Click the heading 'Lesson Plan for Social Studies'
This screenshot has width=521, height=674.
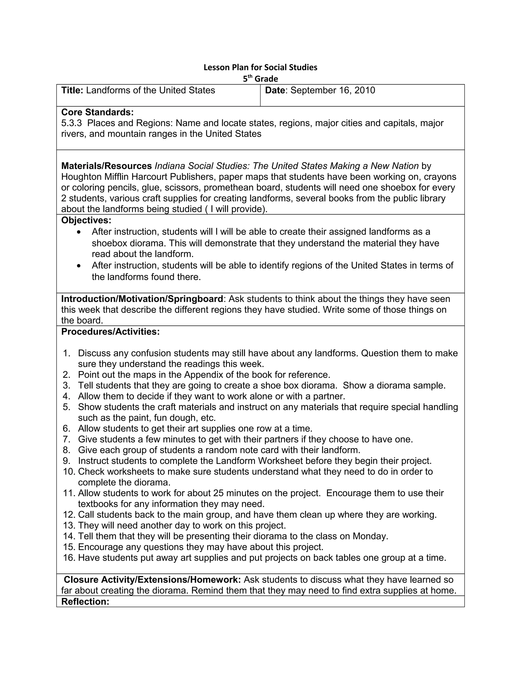[x=260, y=67]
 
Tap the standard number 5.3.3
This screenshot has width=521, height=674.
[x=71, y=123]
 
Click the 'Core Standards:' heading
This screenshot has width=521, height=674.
[x=97, y=112]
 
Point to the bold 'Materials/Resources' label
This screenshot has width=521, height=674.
[x=107, y=166]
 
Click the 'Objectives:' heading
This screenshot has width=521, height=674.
[x=86, y=220]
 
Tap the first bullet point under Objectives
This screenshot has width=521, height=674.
[x=80, y=232]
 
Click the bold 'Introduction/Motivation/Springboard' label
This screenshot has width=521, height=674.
[x=142, y=299]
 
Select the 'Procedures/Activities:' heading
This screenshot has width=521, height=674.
[x=110, y=332]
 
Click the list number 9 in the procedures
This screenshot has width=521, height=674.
[x=67, y=461]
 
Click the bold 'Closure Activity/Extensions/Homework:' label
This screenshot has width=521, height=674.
[x=152, y=580]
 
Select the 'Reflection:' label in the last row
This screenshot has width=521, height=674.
[x=85, y=602]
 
